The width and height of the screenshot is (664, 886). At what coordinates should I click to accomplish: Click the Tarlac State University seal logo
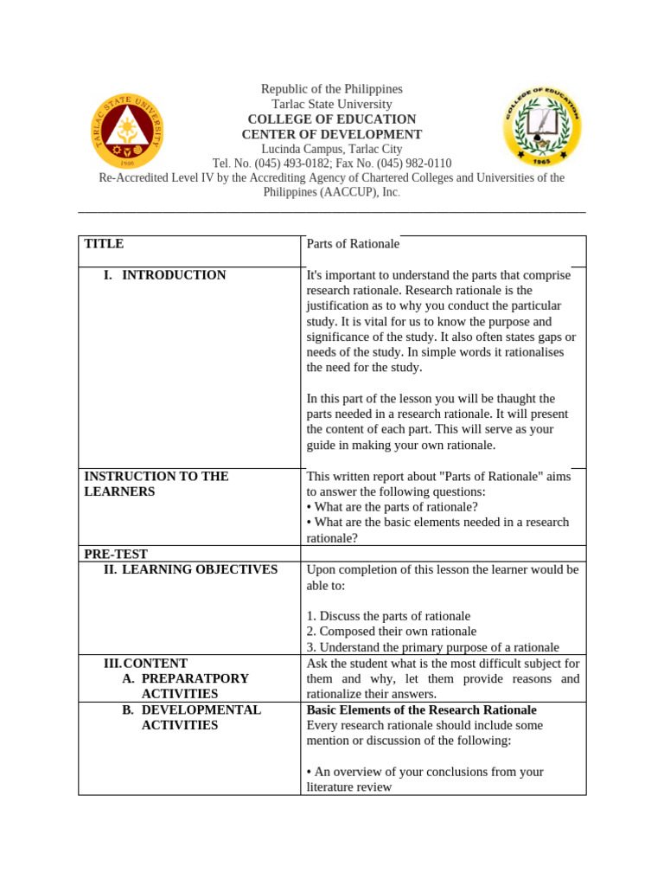(x=128, y=131)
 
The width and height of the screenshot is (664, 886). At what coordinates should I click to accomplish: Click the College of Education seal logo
(x=542, y=126)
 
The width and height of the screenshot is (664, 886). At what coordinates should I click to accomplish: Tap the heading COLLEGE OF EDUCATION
(x=332, y=119)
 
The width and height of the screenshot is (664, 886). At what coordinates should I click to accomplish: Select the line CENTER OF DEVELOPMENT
(x=332, y=134)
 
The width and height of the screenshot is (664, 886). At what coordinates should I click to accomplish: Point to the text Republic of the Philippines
(x=332, y=89)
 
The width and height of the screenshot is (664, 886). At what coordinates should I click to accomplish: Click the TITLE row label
(x=104, y=244)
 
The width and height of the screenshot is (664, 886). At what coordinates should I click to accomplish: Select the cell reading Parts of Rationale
(x=353, y=244)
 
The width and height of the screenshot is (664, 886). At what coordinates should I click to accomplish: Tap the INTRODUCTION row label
(x=173, y=275)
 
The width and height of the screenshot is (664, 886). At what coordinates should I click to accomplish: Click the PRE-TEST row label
(x=116, y=554)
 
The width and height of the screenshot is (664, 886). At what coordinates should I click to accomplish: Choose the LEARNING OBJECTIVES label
(x=199, y=569)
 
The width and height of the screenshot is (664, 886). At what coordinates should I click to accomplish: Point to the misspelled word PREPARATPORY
(x=195, y=678)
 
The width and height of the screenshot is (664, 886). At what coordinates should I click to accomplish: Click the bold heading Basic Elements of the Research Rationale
(x=421, y=709)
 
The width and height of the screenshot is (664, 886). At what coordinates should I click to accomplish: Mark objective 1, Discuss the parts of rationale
(x=388, y=616)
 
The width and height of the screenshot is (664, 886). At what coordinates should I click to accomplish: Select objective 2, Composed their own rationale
(x=391, y=632)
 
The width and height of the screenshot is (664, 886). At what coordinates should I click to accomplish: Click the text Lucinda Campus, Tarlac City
(x=332, y=149)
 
